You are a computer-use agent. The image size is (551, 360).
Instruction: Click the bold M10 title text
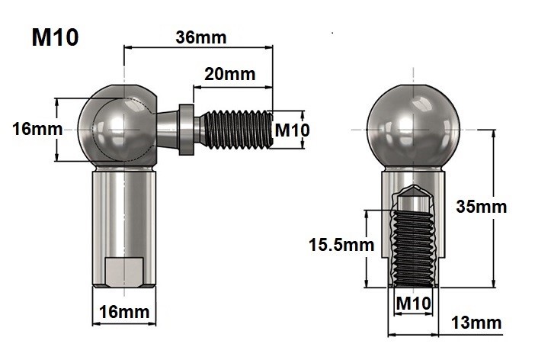point(55,37)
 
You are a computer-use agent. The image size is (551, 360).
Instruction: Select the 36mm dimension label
point(200,37)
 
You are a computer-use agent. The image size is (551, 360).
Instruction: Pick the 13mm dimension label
point(476,323)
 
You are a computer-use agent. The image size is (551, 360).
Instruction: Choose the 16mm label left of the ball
point(37,129)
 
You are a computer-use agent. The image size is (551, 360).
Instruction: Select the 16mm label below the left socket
point(125,312)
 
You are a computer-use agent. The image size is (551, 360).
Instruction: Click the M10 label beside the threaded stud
point(292,130)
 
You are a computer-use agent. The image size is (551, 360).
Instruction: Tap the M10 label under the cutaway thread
point(414,303)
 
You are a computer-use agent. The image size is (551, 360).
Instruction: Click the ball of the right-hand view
point(413,126)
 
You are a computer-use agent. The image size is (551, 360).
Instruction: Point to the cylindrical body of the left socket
point(125,214)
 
